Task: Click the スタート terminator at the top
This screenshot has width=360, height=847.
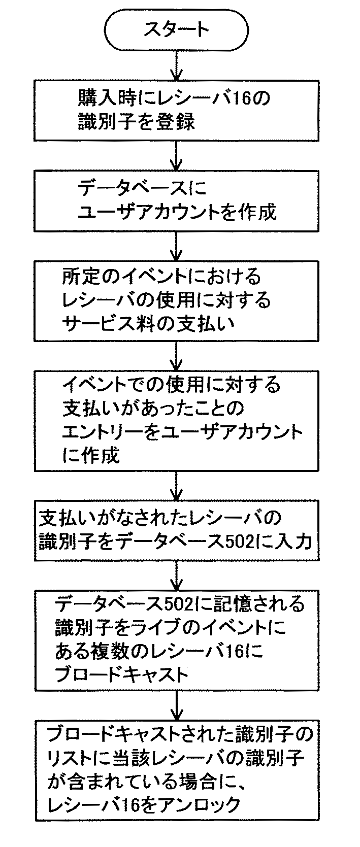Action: [176, 29]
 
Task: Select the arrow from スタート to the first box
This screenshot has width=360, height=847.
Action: [176, 66]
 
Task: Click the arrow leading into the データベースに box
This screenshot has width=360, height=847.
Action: [176, 155]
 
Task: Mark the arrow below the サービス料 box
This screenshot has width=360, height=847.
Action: [176, 355]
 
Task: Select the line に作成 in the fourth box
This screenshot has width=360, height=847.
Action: [91, 455]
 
